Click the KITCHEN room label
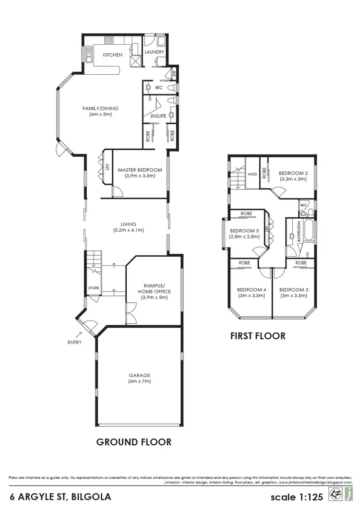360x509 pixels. click(x=113, y=55)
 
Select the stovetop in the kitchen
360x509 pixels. click(x=108, y=40)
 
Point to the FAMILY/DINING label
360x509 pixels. click(x=100, y=108)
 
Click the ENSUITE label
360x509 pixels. click(x=158, y=116)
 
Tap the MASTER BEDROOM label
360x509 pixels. click(x=140, y=170)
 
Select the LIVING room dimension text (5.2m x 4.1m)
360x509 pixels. click(x=128, y=230)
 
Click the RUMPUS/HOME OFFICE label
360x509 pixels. click(x=154, y=288)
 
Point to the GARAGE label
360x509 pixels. click(x=139, y=375)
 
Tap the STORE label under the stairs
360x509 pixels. click(x=93, y=288)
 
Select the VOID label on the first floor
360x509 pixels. click(x=252, y=174)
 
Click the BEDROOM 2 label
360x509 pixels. click(x=293, y=173)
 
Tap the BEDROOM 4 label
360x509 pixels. click(x=251, y=290)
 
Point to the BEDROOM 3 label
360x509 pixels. click(x=293, y=290)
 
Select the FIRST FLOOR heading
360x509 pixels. click(x=258, y=336)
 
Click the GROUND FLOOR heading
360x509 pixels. click(x=133, y=442)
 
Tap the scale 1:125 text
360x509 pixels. click(x=297, y=496)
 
